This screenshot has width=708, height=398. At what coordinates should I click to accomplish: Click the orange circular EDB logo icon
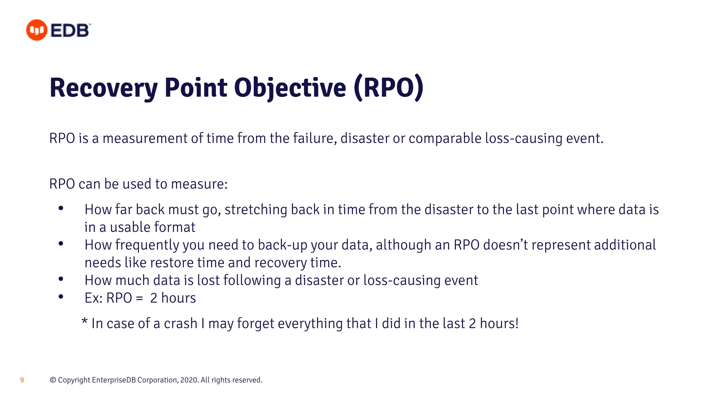[37, 30]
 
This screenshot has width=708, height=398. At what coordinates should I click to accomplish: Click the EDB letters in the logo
[70, 30]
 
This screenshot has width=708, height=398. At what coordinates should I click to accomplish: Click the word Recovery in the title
[103, 88]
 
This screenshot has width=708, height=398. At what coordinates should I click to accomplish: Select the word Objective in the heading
[290, 88]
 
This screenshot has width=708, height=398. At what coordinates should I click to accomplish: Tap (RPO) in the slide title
[389, 88]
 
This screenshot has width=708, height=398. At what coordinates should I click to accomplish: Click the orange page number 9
[22, 380]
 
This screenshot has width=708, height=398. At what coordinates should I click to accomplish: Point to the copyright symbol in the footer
[53, 380]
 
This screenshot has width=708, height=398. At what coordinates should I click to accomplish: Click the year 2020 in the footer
[189, 380]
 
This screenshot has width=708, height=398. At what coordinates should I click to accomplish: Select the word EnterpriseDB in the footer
[114, 380]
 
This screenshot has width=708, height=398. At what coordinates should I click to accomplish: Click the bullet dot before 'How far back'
[61, 208]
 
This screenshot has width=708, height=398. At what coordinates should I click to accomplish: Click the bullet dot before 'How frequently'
[61, 244]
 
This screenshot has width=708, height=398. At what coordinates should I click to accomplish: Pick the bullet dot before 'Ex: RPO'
[61, 296]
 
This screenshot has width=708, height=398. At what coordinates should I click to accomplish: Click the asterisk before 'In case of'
[84, 321]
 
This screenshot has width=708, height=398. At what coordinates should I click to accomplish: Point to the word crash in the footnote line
[180, 324]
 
